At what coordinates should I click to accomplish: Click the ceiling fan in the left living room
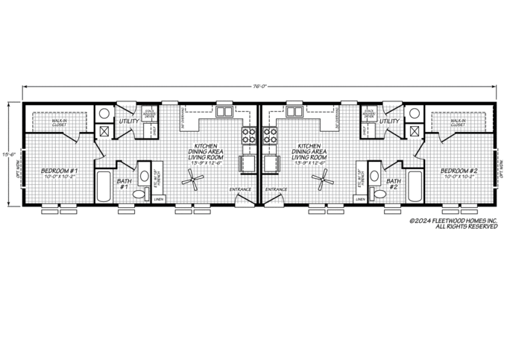[195, 177]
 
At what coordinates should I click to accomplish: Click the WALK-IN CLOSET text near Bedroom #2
[458, 121]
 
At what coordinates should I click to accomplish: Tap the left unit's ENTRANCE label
[239, 189]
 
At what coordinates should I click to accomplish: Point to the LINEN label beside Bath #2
[361, 200]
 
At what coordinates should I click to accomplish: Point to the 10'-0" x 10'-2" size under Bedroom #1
[57, 177]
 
